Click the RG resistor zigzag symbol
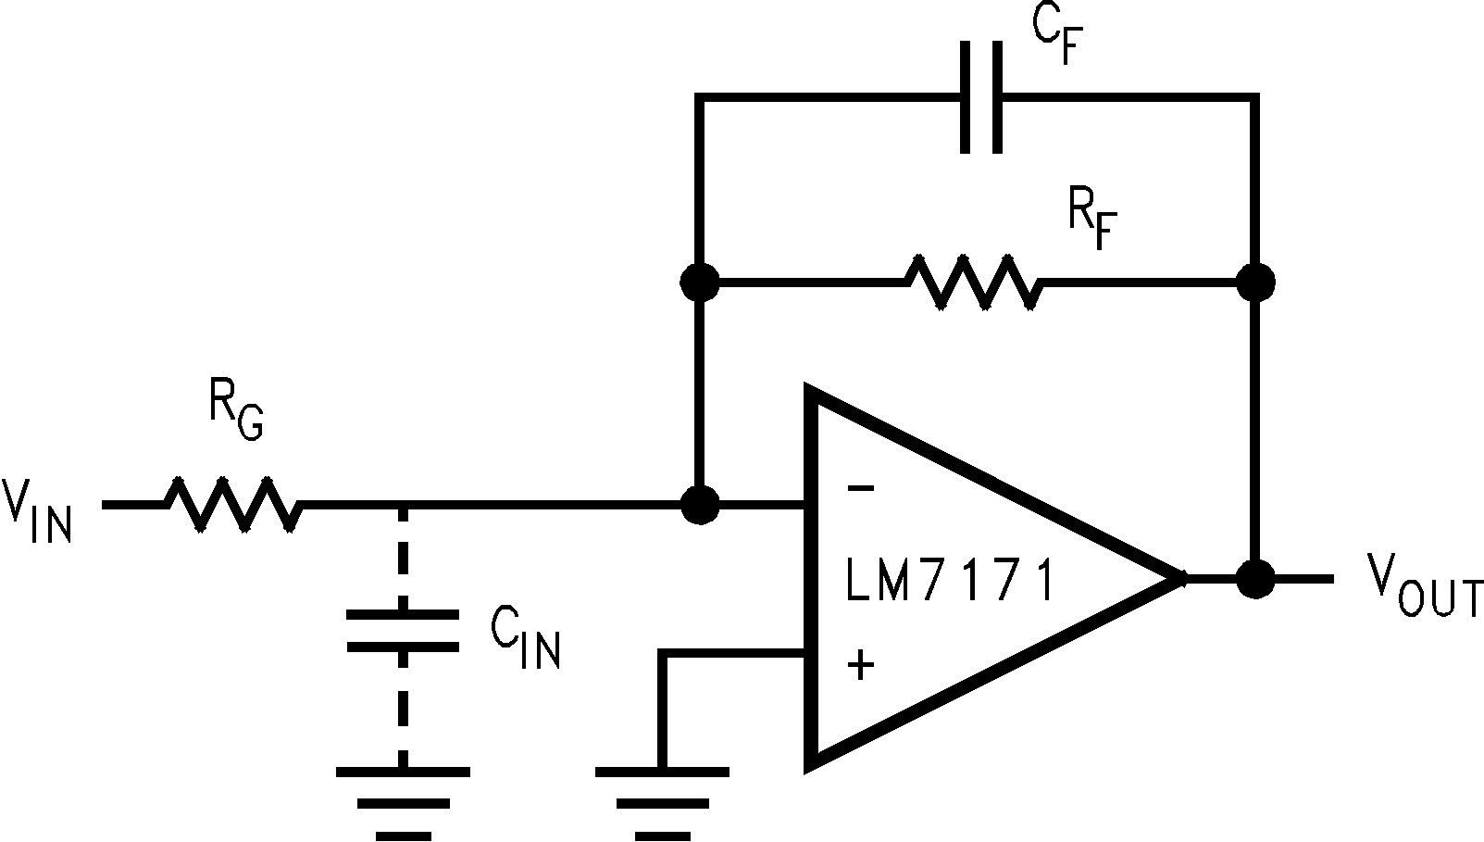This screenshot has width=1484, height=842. [231, 505]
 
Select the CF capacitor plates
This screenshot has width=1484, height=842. [980, 96]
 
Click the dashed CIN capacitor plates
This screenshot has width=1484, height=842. [403, 630]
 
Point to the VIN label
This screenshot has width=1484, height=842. [37, 509]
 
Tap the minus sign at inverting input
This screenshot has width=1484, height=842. [860, 487]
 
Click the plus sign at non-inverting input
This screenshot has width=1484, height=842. [861, 663]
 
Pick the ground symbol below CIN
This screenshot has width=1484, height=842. [403, 801]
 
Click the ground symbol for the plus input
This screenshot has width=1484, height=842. [661, 801]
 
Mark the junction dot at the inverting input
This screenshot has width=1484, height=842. [700, 505]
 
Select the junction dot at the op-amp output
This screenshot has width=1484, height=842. [1256, 579]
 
